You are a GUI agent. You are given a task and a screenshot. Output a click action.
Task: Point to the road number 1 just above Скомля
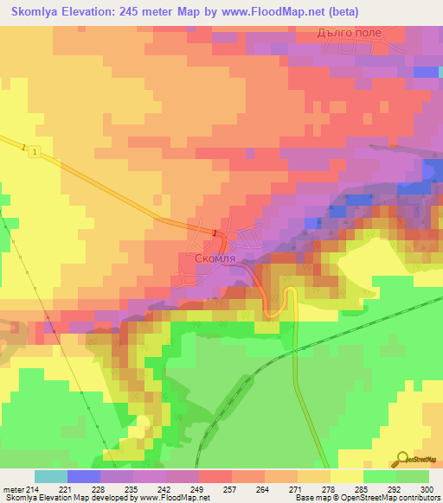coord(214,231)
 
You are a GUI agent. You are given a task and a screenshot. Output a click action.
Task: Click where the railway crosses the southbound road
coord(294,350)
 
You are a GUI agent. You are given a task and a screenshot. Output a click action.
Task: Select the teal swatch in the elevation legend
coord(50,476)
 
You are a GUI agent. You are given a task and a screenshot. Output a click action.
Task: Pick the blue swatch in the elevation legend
coord(83,476)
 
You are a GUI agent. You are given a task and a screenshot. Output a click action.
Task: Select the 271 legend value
coord(297,490)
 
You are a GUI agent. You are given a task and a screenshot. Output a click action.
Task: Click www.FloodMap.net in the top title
coord(273,12)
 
